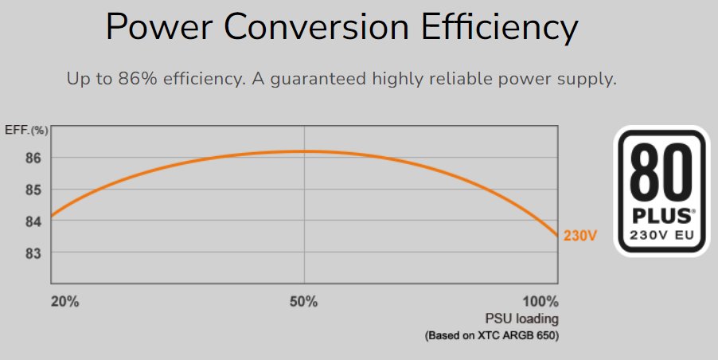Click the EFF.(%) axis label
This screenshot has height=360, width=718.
(26, 129)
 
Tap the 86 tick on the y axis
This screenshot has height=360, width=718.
(33, 158)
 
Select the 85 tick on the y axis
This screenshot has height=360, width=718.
(33, 190)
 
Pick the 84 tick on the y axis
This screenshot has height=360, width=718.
(33, 221)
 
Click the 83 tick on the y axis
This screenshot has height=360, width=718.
(33, 253)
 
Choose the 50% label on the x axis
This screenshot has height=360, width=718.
(304, 303)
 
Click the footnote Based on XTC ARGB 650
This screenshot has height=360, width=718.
(493, 336)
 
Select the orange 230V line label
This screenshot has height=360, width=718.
(580, 236)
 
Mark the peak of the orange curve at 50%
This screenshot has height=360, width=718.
(304, 151)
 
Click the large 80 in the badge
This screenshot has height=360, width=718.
(661, 172)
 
